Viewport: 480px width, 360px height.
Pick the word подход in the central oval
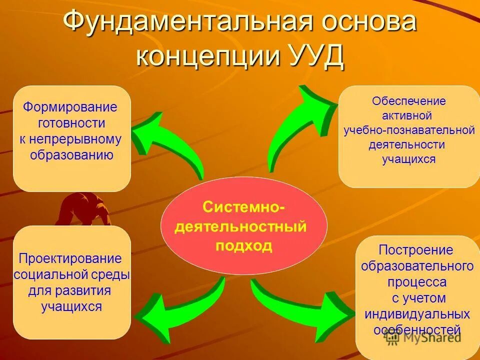[244, 245]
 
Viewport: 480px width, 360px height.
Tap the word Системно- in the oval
[244, 206]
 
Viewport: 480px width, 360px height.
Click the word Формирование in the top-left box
[70, 107]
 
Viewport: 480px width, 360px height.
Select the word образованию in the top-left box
[71, 154]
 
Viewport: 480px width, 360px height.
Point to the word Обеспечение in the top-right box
[408, 101]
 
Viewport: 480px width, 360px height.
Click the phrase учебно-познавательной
[408, 130]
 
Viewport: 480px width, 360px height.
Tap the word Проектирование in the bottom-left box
[70, 258]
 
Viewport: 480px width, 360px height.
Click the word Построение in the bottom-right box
[415, 249]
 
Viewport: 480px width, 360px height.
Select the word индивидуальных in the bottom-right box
[417, 314]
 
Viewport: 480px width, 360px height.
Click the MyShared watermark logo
[422, 337]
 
